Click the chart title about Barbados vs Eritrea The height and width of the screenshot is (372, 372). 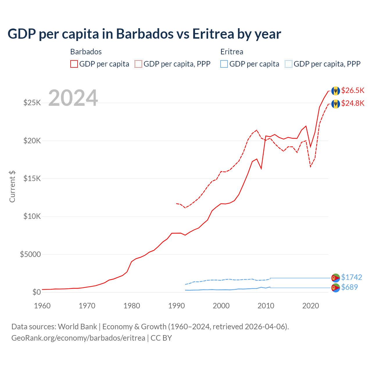pos(144,34)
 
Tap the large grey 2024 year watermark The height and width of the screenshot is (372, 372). pos(73,98)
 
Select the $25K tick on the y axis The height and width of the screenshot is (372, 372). pos(32,103)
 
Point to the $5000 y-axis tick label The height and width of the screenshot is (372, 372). pos(30,254)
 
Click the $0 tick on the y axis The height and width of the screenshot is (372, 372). pos(36,292)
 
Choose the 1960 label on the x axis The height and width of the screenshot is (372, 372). pos(42,306)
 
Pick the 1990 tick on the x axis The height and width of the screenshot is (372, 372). pos(176,306)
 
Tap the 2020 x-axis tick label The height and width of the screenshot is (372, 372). pos(310,306)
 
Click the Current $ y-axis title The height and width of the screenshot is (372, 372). pos(12,186)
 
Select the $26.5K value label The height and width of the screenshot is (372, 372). pos(353,90)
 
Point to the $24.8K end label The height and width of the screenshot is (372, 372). pos(353,103)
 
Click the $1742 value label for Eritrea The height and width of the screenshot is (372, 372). pos(351,277)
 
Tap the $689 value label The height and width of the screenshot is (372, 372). pos(349,287)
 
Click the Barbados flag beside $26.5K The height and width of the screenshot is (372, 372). pos(336,91)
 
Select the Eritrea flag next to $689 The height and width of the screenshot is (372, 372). pos(336,288)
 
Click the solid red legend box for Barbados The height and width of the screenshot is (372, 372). pos(74,64)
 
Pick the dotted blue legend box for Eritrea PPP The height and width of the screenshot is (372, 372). pos(289,64)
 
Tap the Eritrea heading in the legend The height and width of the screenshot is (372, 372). pos(232,52)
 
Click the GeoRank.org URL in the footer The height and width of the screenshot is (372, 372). pos(78,338)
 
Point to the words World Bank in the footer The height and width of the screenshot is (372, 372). pos(77,327)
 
